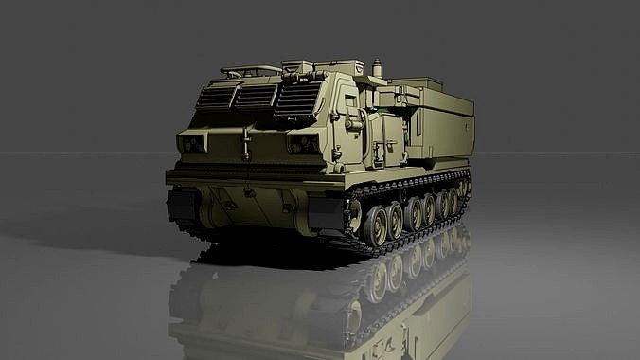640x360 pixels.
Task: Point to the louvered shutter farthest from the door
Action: [217, 97]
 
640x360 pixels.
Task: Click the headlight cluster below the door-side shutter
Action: [303, 144]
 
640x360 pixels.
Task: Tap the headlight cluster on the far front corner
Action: [191, 143]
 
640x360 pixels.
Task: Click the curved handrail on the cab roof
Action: [253, 68]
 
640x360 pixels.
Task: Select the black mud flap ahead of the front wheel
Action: [327, 216]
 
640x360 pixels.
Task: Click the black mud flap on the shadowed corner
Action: [179, 207]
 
